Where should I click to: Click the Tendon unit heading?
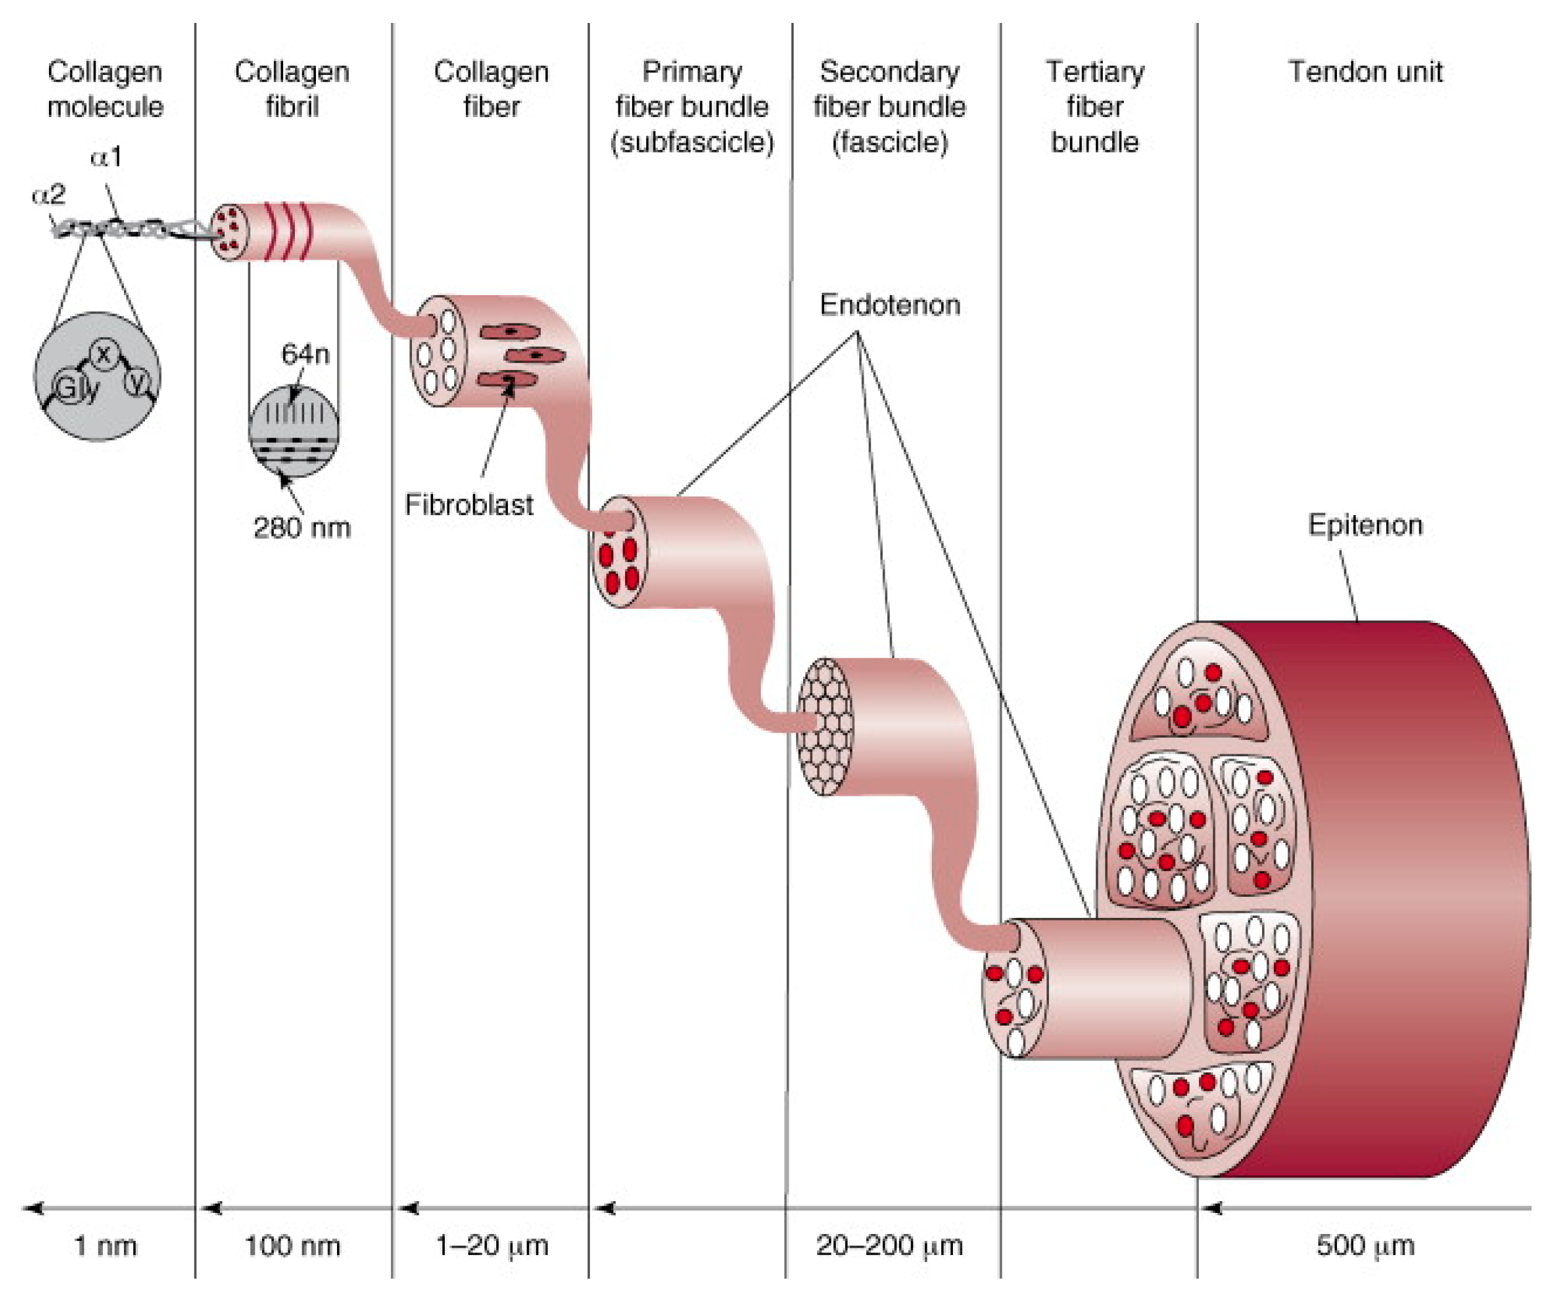[x=1364, y=72]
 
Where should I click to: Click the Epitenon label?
[x=1364, y=525]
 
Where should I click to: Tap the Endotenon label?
[x=890, y=304]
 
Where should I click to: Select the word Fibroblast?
[x=468, y=505]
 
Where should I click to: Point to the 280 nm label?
[x=302, y=528]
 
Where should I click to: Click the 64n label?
[x=304, y=354]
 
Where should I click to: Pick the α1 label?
[x=106, y=157]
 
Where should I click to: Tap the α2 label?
[x=49, y=195]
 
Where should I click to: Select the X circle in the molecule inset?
[x=103, y=355]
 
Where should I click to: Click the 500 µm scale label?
[x=1364, y=1246]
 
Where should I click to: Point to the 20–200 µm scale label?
[x=889, y=1246]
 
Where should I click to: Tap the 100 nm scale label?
[x=292, y=1246]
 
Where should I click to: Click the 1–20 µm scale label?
[x=491, y=1246]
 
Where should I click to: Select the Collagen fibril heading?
[x=292, y=89]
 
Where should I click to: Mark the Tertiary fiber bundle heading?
[x=1095, y=107]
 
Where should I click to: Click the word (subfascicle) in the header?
[x=692, y=142]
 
